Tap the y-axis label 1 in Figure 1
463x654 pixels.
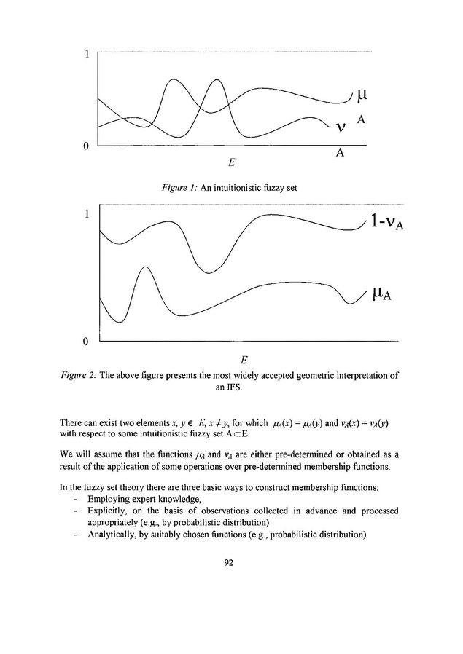click(87, 55)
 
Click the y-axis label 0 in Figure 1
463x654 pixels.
click(87, 146)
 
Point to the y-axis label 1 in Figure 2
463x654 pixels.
click(87, 215)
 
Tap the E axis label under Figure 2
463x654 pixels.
click(244, 360)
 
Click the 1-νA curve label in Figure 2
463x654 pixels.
click(387, 224)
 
